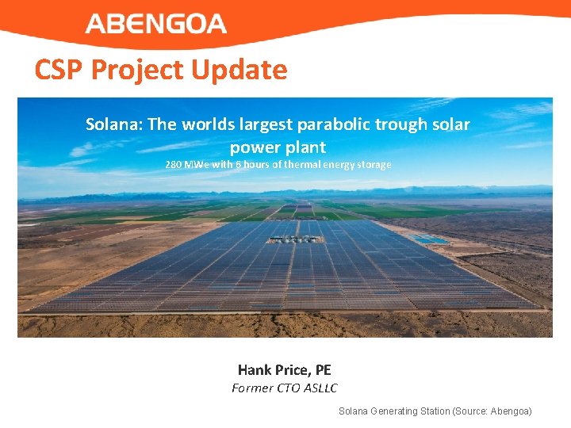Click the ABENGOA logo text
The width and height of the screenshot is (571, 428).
pos(156,24)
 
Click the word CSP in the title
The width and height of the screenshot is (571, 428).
pos(59,70)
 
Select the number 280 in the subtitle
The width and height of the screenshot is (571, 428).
pos(174,165)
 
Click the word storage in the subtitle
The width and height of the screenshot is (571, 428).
pos(374,165)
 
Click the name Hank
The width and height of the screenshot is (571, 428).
pos(255,370)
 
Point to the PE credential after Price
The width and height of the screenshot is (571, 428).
pos(323,370)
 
